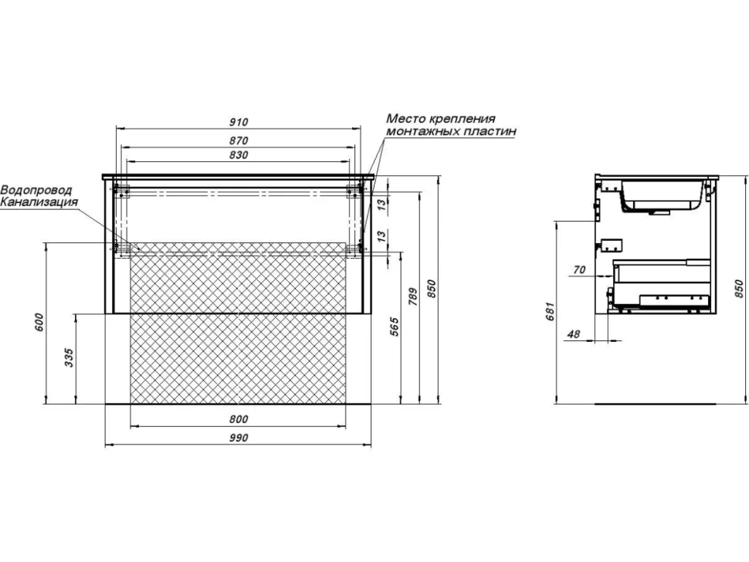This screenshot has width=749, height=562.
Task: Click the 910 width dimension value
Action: click(x=239, y=122)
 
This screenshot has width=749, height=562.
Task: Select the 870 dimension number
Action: click(x=239, y=140)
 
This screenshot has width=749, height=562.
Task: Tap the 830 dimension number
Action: click(x=239, y=155)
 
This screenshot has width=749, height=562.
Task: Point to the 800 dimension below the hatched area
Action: click(x=239, y=419)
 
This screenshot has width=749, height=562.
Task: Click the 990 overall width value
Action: click(x=239, y=438)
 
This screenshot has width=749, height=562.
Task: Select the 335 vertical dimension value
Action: click(x=69, y=357)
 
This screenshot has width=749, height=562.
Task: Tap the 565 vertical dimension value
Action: click(x=395, y=327)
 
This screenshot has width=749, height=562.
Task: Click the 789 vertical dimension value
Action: click(x=414, y=296)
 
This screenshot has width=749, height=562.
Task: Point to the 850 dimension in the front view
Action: click(x=432, y=289)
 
